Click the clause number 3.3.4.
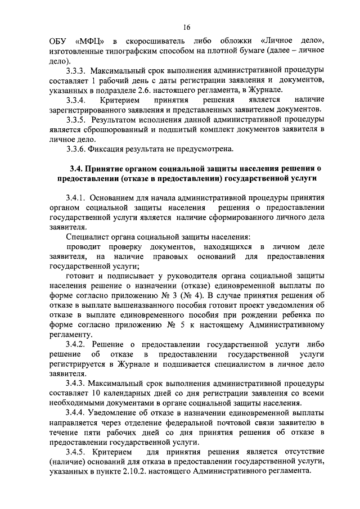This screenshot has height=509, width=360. click(77, 100)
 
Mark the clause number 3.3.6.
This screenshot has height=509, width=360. click(77, 148)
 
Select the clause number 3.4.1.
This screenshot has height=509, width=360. click(77, 198)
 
